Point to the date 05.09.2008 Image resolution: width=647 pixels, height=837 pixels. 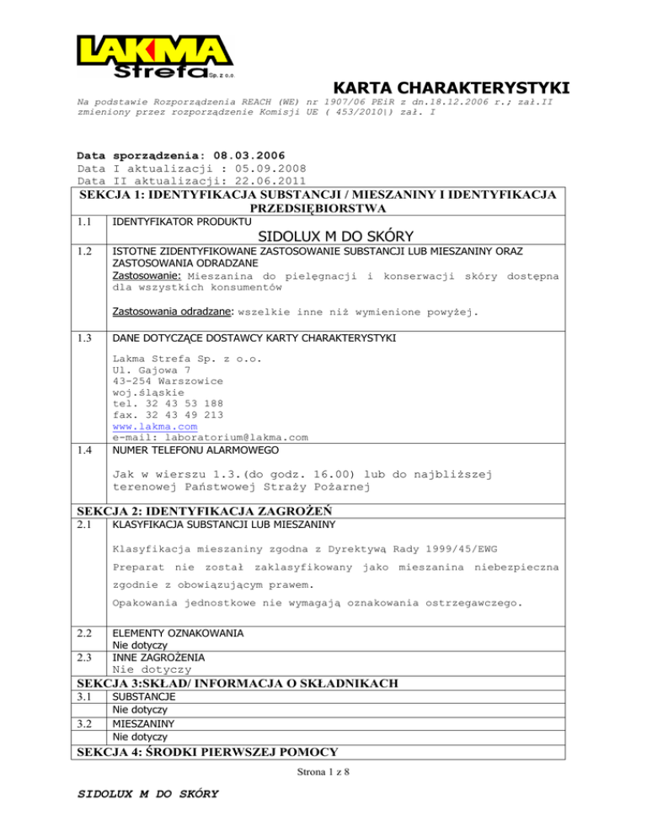pyautogui.click(x=243, y=168)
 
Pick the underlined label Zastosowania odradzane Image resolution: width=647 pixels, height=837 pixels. pyautogui.click(x=174, y=312)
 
